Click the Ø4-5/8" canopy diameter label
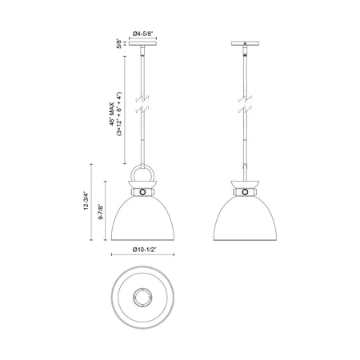(142, 34)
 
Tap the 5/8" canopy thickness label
(119, 43)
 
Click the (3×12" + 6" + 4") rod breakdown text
(119, 114)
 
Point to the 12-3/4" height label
(86, 200)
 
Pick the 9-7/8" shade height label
(101, 212)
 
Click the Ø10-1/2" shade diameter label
(144, 250)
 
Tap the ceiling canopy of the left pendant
(142, 43)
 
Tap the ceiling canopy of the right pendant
(245, 43)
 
